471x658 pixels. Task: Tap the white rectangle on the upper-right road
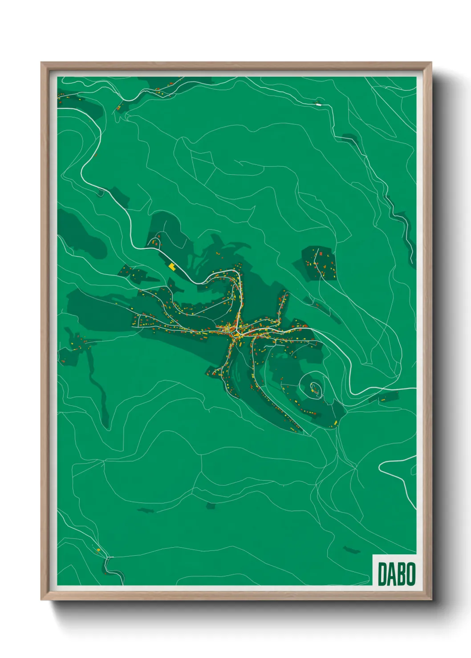[318, 104]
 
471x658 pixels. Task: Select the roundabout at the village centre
[234, 331]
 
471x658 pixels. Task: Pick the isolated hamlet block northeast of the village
[319, 263]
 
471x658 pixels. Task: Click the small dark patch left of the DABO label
[352, 550]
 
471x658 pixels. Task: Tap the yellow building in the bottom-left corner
[99, 550]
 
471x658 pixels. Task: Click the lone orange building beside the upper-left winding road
[96, 155]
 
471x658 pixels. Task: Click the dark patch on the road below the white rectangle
[350, 138]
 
